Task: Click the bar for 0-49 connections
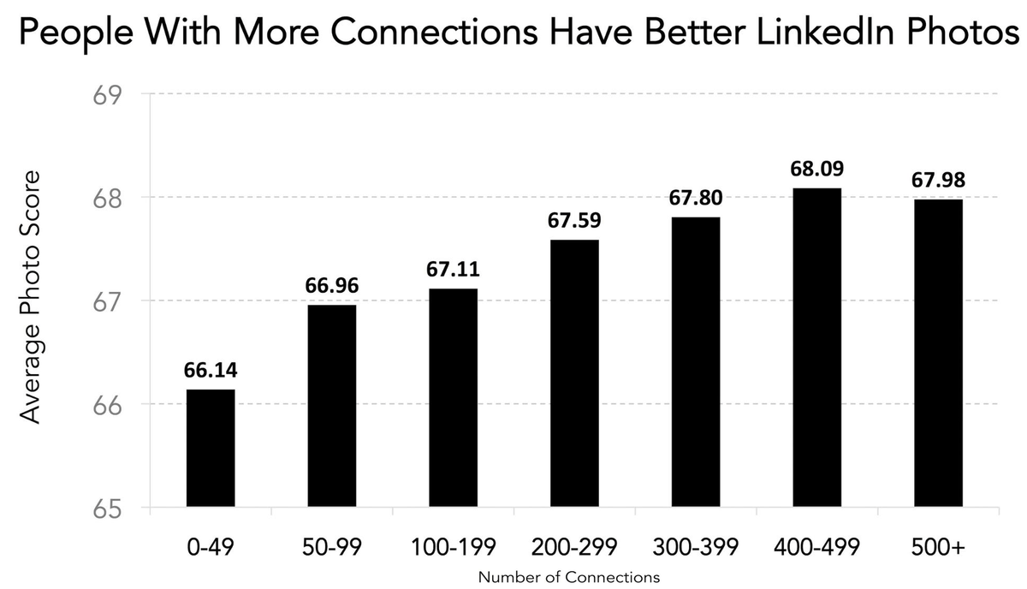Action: click(211, 449)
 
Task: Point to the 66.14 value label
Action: click(211, 371)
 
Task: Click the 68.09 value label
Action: click(816, 169)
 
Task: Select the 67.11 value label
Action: click(453, 271)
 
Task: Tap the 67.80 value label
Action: click(695, 199)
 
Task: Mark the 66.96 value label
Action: click(331, 286)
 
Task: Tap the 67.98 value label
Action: click(938, 181)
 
